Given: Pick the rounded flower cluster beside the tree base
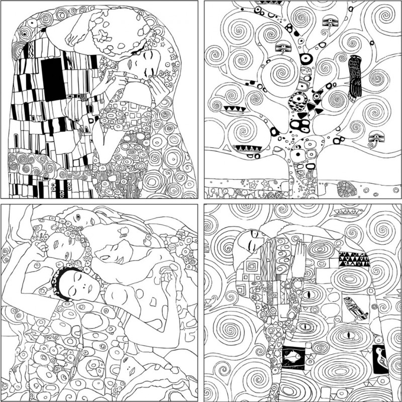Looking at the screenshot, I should click(x=347, y=189).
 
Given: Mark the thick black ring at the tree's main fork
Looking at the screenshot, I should click(x=305, y=59).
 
